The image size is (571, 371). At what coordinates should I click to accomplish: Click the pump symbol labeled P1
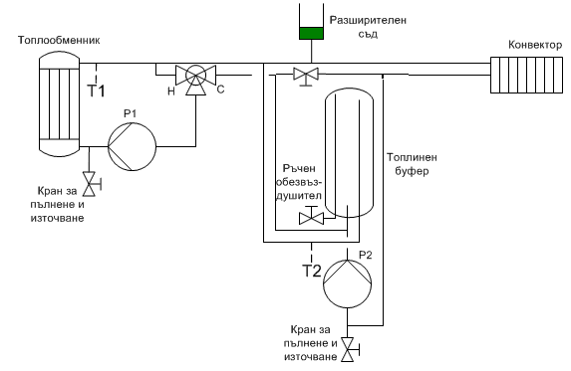tap(132, 147)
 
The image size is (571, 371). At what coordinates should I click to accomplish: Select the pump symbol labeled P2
tap(348, 283)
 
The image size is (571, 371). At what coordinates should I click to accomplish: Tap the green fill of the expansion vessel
tap(311, 33)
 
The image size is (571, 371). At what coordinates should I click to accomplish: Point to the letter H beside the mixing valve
tap(171, 92)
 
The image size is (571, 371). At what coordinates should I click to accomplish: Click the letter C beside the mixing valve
tap(220, 90)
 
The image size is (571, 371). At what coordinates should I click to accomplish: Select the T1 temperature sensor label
tap(96, 91)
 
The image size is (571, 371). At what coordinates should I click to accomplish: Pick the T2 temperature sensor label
tap(312, 271)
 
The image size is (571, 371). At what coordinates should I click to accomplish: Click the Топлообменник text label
tap(59, 40)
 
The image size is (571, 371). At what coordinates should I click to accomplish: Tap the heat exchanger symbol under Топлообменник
tap(59, 103)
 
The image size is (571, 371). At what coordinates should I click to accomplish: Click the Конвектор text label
tap(535, 45)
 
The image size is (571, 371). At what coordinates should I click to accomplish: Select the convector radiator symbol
tap(526, 75)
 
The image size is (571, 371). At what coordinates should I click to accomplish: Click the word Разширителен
tap(368, 20)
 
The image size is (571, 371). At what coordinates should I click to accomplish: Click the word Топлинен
tap(412, 157)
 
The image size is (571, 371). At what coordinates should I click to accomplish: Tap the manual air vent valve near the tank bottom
tap(311, 217)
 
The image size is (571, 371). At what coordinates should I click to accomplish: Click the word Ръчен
tap(299, 169)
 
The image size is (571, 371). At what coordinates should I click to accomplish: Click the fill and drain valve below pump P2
tap(349, 349)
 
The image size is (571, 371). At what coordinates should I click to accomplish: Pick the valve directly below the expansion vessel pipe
tap(306, 76)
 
